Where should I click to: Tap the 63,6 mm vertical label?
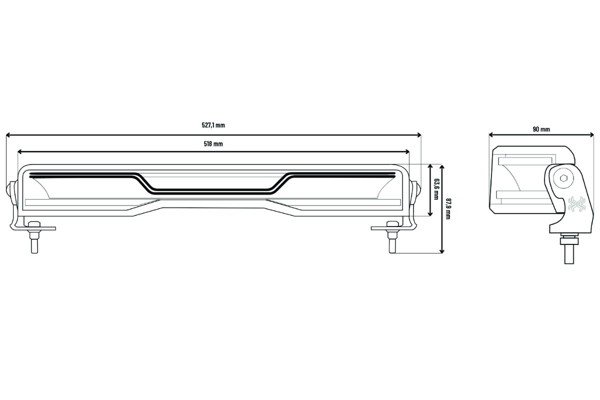point(436,190)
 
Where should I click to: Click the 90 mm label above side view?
point(541,129)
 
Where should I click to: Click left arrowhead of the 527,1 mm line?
point(8,135)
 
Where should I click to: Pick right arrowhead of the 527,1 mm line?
point(419,135)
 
